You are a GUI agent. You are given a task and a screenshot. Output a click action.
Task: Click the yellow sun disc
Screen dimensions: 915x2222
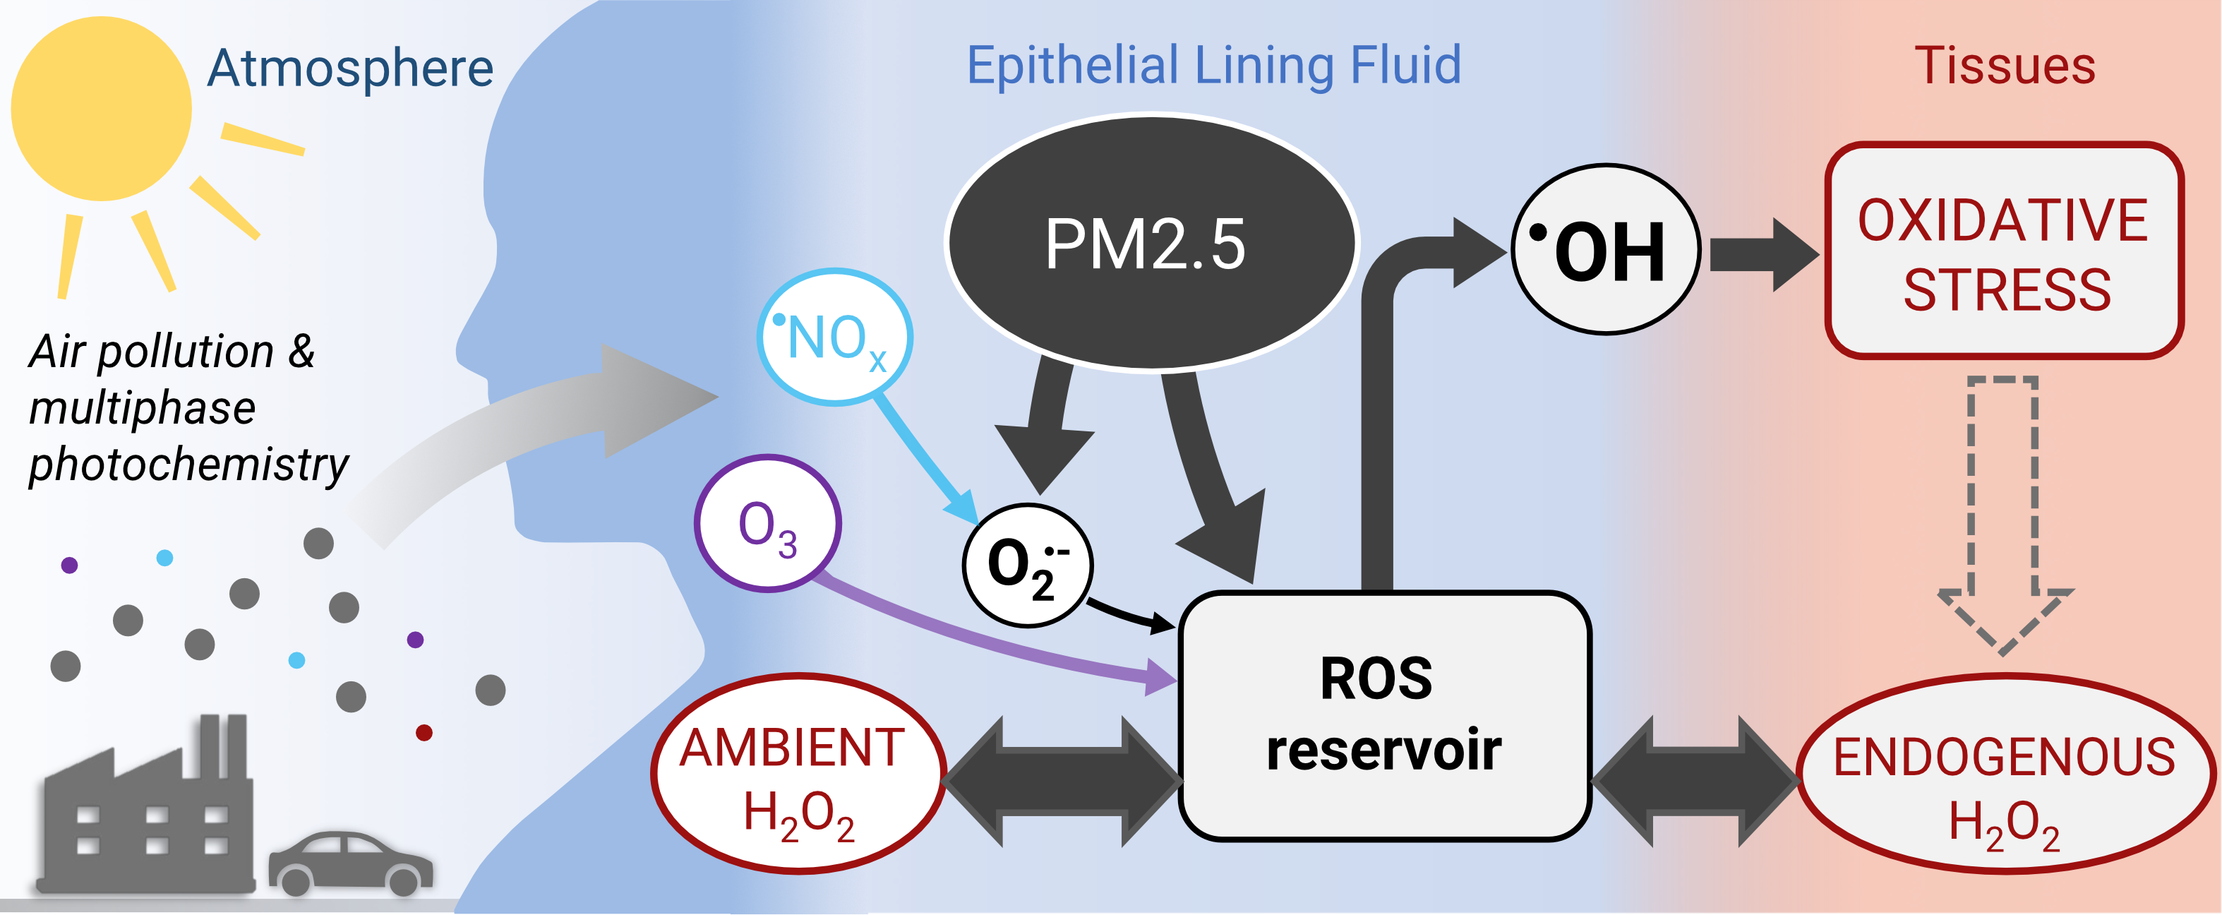point(101,109)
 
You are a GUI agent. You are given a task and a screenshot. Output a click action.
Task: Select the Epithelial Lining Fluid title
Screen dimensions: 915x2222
point(1213,66)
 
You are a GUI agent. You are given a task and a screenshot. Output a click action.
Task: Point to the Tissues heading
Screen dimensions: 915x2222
point(2005,66)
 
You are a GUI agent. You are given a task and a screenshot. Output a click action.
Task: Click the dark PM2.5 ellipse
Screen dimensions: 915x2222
point(1151,243)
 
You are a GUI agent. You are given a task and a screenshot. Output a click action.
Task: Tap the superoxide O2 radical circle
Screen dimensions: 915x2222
point(1026,565)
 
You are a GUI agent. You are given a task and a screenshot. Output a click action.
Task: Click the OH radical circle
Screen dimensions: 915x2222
point(1605,249)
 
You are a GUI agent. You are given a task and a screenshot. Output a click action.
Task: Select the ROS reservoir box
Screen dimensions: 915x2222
point(1383,716)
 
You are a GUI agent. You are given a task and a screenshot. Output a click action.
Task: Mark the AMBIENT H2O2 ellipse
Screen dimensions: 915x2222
point(798,774)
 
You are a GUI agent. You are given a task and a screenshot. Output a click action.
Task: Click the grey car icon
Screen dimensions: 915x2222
point(349,862)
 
